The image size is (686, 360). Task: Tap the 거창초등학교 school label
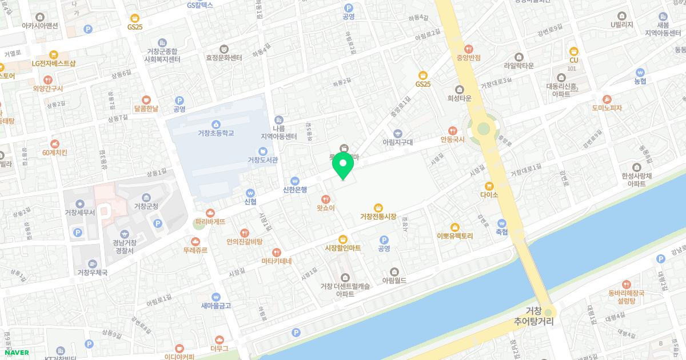point(216,133)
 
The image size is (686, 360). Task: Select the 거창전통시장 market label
point(378,216)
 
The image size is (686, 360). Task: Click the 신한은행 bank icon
point(295,180)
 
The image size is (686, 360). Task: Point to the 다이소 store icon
point(489,186)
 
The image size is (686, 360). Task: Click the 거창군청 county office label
point(146,206)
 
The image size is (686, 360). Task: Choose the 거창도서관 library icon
point(263,151)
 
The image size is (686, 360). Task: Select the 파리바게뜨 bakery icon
point(210,212)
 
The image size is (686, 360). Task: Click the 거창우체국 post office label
point(93,272)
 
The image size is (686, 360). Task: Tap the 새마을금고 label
point(216,306)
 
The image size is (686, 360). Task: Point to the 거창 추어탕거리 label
point(533,316)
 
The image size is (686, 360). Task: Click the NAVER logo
point(15,353)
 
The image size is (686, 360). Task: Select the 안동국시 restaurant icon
point(454,130)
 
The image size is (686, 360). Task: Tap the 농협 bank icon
point(640,73)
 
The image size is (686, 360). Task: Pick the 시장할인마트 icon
point(343,239)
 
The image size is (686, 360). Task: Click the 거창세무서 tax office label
point(79,213)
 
